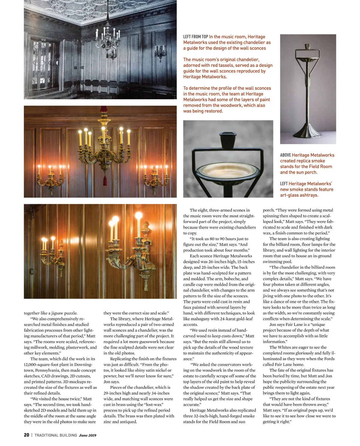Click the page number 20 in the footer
tap(26, 435)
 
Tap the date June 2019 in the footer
tap(88, 435)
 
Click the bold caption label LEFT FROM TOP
tap(195, 37)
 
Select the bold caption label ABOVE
tap(285, 155)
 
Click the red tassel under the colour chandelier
tap(105, 180)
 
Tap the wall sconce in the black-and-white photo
tap(160, 53)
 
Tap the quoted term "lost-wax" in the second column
tap(153, 405)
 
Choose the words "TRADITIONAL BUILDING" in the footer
tap(56, 435)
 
